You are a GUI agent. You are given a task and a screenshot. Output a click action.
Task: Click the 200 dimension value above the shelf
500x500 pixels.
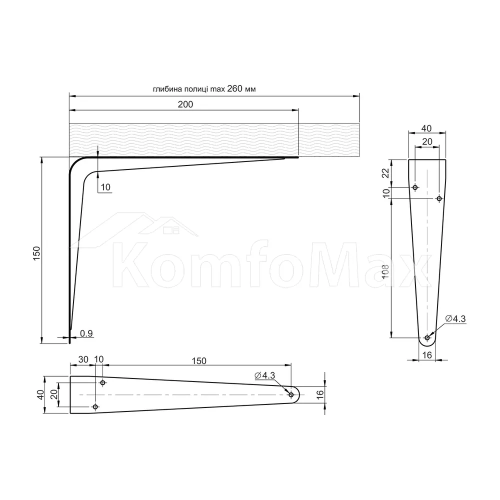click(x=185, y=104)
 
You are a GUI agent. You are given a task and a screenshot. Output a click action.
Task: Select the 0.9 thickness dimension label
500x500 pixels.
click(x=86, y=333)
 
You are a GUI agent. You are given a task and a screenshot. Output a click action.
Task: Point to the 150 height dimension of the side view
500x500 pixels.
click(x=37, y=253)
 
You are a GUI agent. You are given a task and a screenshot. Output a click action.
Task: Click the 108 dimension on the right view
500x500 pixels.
click(x=385, y=272)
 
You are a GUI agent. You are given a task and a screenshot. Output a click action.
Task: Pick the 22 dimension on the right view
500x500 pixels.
click(x=386, y=173)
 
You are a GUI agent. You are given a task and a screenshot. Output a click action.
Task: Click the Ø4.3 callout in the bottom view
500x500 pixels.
click(x=265, y=375)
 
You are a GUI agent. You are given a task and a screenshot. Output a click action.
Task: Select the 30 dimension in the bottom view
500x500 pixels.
click(x=83, y=359)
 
